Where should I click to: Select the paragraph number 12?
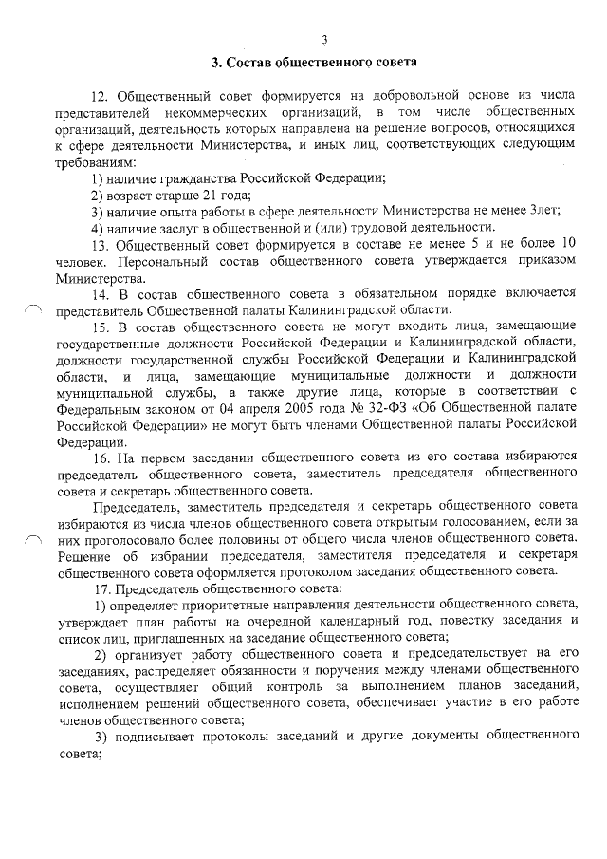100,98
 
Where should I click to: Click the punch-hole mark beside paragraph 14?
32,308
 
